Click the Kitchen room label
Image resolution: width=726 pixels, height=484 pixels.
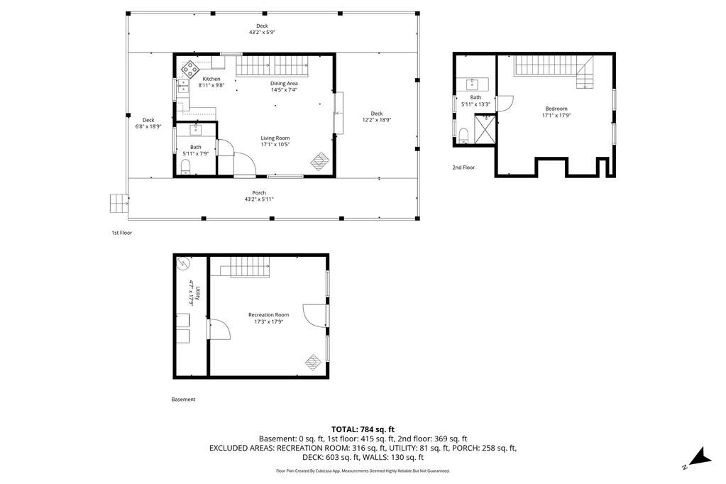pyautogui.click(x=211, y=79)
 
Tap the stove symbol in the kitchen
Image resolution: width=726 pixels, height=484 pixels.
pyautogui.click(x=189, y=70)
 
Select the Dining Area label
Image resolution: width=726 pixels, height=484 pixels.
pyautogui.click(x=284, y=83)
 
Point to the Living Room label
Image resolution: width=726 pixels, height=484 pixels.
pyautogui.click(x=275, y=138)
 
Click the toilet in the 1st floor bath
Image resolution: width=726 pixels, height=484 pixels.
pyautogui.click(x=186, y=167)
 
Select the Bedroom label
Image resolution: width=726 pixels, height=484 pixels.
pyautogui.click(x=556, y=109)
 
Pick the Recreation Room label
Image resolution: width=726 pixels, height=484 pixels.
pyautogui.click(x=268, y=315)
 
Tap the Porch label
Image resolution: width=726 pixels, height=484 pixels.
pyautogui.click(x=259, y=192)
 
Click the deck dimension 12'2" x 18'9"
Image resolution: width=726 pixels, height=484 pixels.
pyautogui.click(x=376, y=120)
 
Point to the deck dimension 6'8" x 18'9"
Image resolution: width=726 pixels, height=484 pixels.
pyautogui.click(x=148, y=126)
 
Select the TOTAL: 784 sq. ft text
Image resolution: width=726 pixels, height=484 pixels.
pyautogui.click(x=363, y=430)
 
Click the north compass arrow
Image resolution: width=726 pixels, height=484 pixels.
pyautogui.click(x=700, y=456)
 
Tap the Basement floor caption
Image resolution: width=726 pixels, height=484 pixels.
pyautogui.click(x=183, y=400)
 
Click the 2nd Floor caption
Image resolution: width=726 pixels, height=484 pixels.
pyautogui.click(x=463, y=167)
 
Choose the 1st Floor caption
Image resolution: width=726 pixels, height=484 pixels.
pyautogui.click(x=122, y=233)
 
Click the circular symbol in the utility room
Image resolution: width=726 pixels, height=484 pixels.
pyautogui.click(x=183, y=263)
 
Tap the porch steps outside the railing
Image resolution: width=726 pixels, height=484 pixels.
pyautogui.click(x=119, y=204)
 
